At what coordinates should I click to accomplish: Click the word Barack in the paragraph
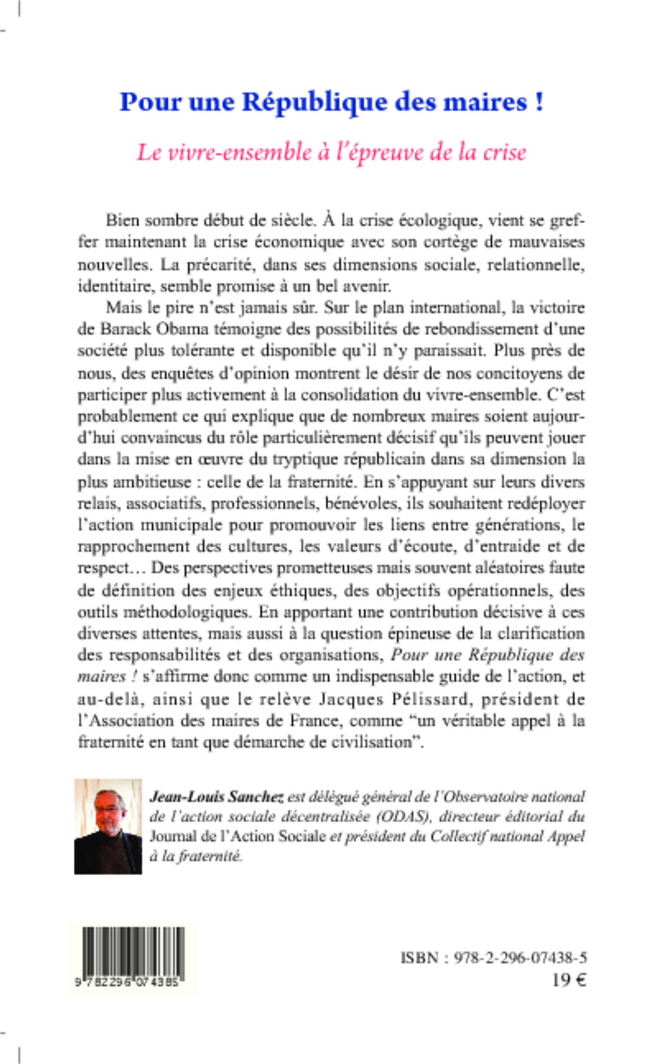pyautogui.click(x=125, y=329)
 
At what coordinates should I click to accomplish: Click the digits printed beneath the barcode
pyautogui.click(x=127, y=983)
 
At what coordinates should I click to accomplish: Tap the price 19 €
pyautogui.click(x=569, y=981)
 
